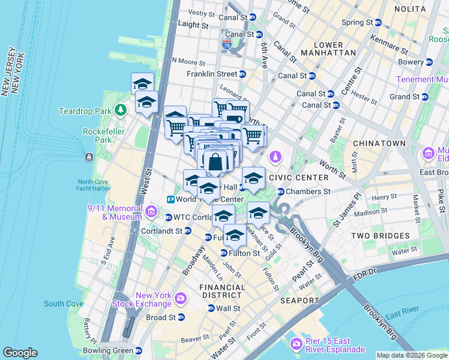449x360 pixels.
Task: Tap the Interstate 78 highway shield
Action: click(226, 45)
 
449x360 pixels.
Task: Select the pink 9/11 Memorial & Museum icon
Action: click(151, 212)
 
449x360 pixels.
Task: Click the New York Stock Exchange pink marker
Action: click(180, 297)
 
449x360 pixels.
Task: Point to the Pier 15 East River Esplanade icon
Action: click(295, 344)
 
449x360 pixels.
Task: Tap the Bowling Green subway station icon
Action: click(139, 350)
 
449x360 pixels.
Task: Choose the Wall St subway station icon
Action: click(211, 308)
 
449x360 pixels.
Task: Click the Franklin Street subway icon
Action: click(243, 74)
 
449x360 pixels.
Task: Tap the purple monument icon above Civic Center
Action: click(276, 157)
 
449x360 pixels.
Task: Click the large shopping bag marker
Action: click(215, 162)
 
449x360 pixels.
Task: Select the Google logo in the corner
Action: click(20, 353)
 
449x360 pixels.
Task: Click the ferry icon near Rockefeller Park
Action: click(89, 157)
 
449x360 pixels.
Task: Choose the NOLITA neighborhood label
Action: click(411, 9)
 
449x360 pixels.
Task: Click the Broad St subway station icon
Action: click(181, 317)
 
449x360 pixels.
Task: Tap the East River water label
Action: click(402, 316)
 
